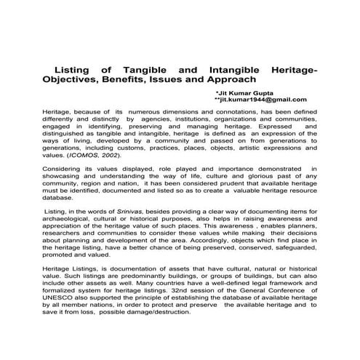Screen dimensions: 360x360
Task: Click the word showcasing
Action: (x=63, y=176)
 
